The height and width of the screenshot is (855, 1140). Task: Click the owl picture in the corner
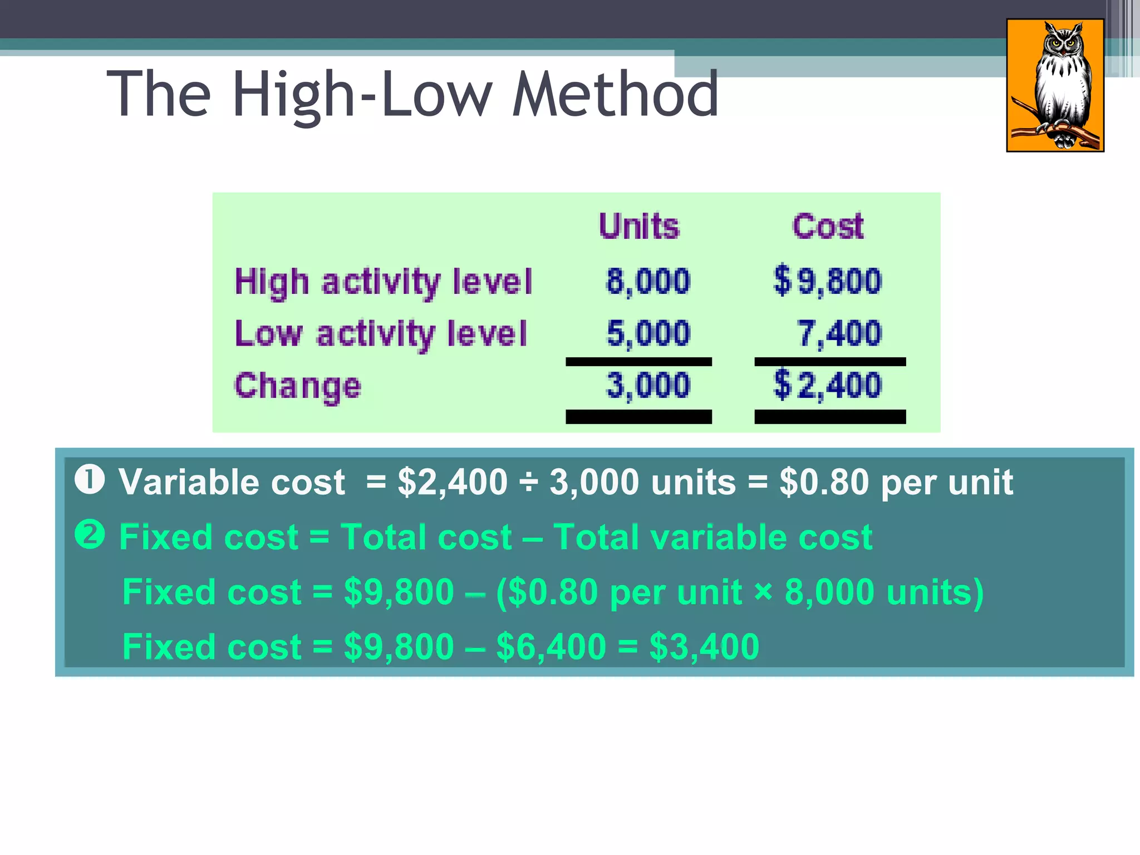point(1055,85)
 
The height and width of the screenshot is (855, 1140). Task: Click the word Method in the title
point(615,95)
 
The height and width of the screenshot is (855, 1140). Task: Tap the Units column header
point(639,227)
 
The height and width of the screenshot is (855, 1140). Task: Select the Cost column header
point(828,227)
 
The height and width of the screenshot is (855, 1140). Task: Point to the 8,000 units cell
point(648,281)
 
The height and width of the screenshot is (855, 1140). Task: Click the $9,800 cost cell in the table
point(828,281)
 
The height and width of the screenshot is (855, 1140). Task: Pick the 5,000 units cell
point(648,333)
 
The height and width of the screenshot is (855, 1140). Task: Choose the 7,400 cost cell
point(839,333)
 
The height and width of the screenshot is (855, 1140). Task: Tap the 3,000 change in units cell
point(648,385)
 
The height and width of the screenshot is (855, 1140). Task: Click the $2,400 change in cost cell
point(828,385)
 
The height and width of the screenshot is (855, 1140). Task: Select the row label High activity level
point(383,282)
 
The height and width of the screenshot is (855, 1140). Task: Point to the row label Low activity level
point(381,334)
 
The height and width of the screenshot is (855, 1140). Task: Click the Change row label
point(298,386)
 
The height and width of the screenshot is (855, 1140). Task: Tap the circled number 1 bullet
point(90,480)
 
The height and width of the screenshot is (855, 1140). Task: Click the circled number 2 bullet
point(90,535)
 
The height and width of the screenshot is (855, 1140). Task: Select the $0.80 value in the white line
point(824,482)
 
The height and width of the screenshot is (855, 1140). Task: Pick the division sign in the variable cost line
point(528,482)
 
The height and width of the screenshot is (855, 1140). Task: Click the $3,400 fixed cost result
point(704,647)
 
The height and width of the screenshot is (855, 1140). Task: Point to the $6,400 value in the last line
point(551,647)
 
